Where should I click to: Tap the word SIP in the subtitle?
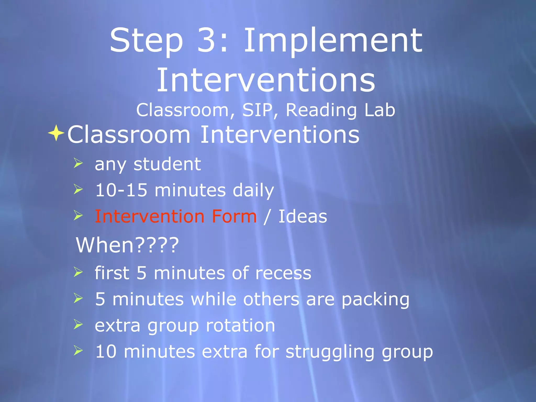[x=257, y=110]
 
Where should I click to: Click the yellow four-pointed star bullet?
[x=56, y=133]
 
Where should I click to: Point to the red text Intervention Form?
[x=176, y=216]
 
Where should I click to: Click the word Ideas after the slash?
[x=303, y=216]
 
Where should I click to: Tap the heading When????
[x=127, y=245]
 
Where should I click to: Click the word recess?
[x=283, y=273]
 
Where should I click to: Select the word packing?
[x=375, y=300]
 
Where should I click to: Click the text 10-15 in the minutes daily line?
[x=121, y=190]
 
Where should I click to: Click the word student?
[x=167, y=164]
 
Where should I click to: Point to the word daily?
[x=253, y=191]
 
